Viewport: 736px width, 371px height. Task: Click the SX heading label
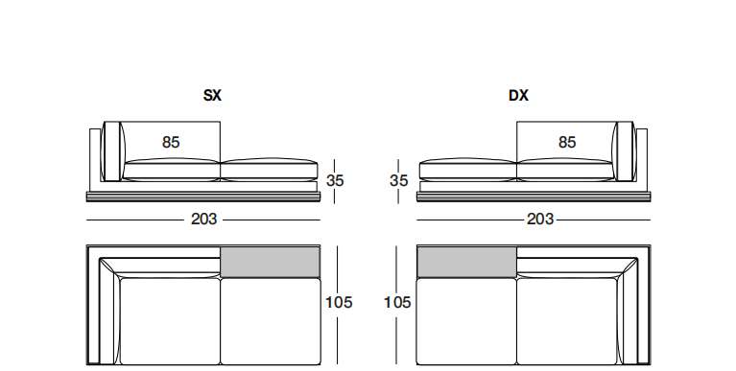212,95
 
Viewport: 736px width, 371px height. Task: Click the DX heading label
518,95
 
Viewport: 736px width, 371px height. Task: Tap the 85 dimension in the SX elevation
171,142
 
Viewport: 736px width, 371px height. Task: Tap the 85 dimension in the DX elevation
567,142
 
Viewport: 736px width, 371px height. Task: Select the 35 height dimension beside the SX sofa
335,180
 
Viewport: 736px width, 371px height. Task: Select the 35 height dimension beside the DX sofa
399,180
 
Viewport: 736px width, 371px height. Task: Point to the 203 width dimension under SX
204,219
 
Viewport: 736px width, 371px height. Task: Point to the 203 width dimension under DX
540,219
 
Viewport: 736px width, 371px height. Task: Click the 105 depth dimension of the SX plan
339,303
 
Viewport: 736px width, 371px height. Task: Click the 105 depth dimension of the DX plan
397,303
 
